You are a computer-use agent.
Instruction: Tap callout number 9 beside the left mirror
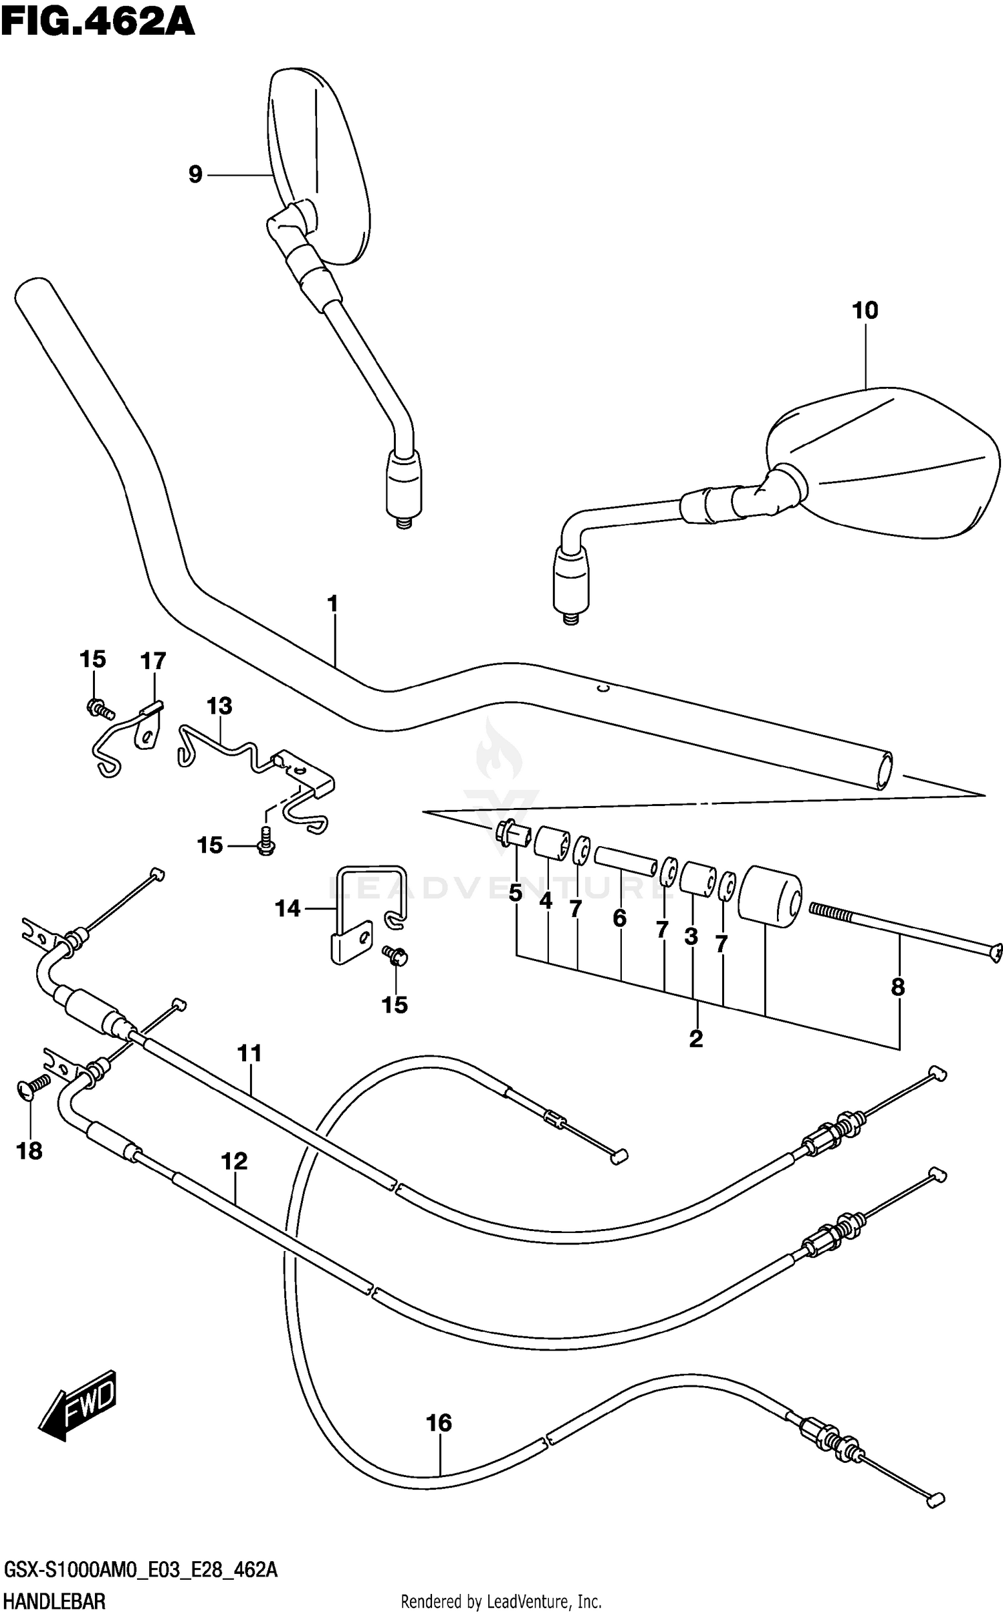(195, 174)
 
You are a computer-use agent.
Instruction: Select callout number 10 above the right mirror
(865, 310)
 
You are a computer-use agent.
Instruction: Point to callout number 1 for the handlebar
(332, 603)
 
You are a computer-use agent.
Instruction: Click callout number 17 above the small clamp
(153, 661)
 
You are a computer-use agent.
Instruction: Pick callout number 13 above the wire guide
(219, 706)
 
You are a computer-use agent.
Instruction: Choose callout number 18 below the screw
(30, 1151)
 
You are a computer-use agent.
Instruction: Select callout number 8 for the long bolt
(897, 986)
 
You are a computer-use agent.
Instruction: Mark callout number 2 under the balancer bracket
(695, 1039)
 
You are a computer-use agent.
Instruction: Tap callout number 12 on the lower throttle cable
(234, 1162)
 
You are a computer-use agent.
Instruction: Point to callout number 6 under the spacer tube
(620, 918)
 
